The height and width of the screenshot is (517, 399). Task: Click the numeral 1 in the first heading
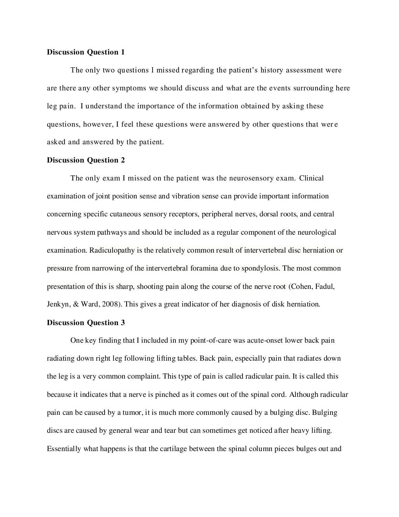[x=123, y=52]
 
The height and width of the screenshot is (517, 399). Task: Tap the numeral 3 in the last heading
[x=123, y=323]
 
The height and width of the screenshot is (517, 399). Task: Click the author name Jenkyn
[x=58, y=304]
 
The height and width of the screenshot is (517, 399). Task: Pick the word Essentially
[x=64, y=449]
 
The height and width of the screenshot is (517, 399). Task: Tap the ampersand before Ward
[x=76, y=304]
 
